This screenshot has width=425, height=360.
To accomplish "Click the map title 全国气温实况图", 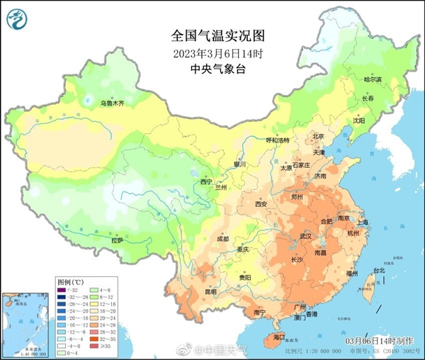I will coord(212,35).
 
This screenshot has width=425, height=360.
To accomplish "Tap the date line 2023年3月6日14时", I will coord(212,52).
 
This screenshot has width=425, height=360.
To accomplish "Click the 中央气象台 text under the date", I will coord(212,69).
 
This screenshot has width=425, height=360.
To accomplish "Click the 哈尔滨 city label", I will coord(372,80).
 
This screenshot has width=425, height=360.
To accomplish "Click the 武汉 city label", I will coord(306,235).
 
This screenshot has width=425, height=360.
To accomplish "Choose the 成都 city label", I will coord(222,239).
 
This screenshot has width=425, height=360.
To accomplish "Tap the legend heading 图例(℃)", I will coord(71,281).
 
